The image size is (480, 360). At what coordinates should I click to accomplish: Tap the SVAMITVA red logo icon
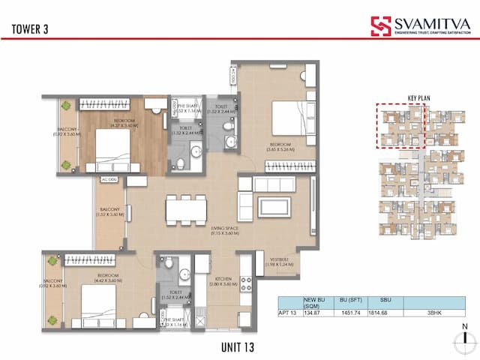click(x=381, y=26)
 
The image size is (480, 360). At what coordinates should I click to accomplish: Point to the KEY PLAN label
click(x=420, y=97)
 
